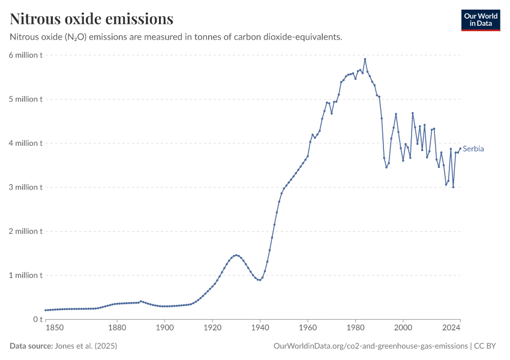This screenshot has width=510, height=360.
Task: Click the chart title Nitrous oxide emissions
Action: coord(92,19)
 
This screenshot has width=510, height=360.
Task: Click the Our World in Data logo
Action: coord(480,20)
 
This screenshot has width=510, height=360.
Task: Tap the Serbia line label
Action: coord(473,149)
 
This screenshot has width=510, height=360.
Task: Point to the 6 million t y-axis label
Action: coord(26,55)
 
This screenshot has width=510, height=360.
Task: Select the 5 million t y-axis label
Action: coord(26,99)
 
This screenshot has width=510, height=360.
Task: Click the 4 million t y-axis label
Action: coord(26,143)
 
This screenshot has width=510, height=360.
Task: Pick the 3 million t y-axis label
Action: coord(26,187)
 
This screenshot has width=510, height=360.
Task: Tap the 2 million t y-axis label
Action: coord(26,231)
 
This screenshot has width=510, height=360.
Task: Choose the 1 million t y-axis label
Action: coord(26,275)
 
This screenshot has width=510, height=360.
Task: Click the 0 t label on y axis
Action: coord(37,319)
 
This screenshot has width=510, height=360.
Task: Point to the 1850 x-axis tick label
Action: coord(53,328)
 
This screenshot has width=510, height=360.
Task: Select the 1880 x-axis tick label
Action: coord(117,328)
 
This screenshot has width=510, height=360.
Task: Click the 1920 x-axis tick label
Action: coord(212,328)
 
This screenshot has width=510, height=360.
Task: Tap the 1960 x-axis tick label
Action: coord(308,328)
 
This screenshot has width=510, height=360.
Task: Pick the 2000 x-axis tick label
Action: coord(403,328)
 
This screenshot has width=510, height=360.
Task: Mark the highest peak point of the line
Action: coord(365,59)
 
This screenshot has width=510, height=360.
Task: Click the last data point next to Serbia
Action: coord(460,149)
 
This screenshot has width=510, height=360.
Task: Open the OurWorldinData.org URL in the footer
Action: coord(370,346)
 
